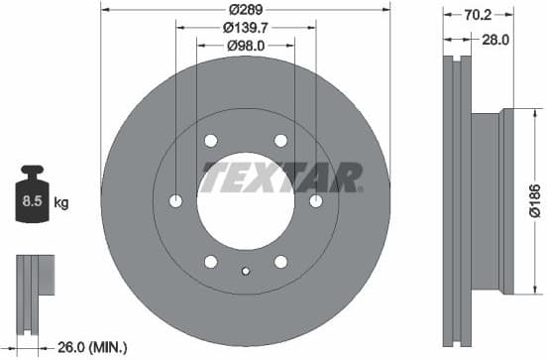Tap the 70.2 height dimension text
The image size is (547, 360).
(479, 16)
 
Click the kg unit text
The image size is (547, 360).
(61, 203)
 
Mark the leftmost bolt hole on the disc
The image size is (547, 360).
(175, 201)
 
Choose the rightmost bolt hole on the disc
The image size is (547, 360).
(316, 201)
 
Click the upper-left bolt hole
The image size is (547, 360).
(211, 141)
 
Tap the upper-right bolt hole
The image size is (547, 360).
(280, 141)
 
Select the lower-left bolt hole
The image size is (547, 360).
(211, 262)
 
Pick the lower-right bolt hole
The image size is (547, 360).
(280, 262)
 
